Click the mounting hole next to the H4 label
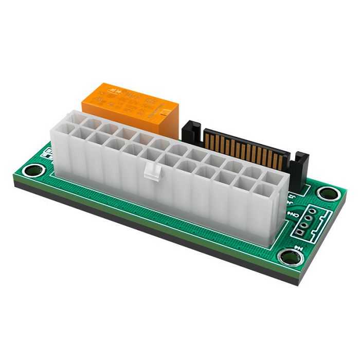click(288, 257)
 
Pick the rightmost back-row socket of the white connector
click(272, 176)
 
